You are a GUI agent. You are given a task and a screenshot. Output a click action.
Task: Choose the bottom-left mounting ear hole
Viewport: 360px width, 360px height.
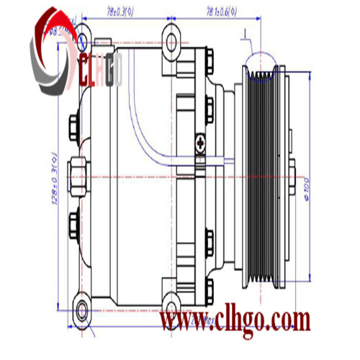click(81, 310)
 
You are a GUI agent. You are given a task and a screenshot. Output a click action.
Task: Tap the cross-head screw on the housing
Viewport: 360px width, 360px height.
click(200, 143)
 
